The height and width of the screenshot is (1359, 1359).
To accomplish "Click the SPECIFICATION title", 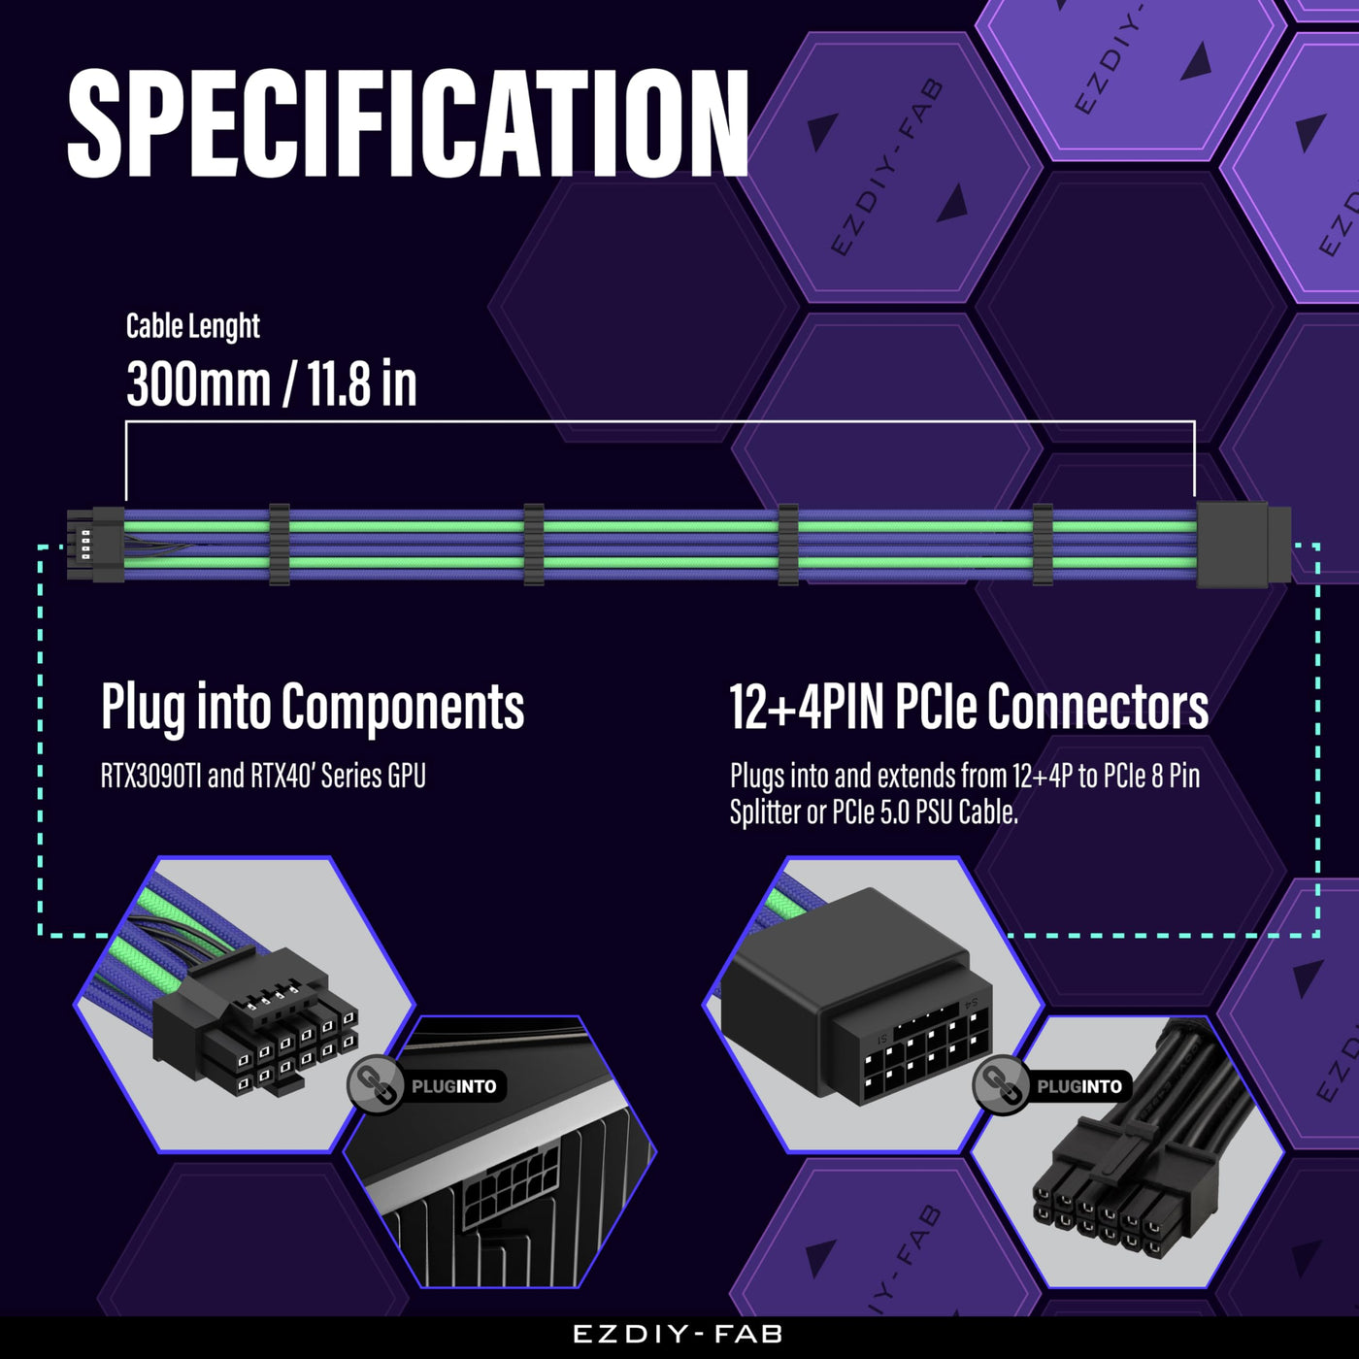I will (x=408, y=123).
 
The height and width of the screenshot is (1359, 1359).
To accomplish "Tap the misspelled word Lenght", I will (x=226, y=326).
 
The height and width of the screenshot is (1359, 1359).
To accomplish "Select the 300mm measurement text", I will (x=198, y=383).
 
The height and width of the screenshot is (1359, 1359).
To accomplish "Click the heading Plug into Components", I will (x=313, y=707).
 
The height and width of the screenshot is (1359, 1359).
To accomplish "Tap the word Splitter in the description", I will (x=765, y=812).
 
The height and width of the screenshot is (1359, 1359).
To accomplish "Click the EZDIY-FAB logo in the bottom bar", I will (x=678, y=1335).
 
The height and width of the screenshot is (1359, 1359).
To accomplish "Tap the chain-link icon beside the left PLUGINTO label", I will (x=375, y=1086).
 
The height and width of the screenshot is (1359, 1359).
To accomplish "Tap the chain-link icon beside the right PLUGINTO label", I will (x=1001, y=1086).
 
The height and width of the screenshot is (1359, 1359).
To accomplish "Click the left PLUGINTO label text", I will (x=453, y=1086).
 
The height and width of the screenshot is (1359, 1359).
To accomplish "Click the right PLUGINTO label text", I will (x=1079, y=1086).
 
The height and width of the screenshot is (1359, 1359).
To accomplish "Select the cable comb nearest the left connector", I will (x=280, y=545).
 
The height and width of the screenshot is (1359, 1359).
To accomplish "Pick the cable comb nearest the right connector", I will (x=1043, y=545).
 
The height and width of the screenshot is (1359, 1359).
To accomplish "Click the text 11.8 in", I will (x=361, y=383).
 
